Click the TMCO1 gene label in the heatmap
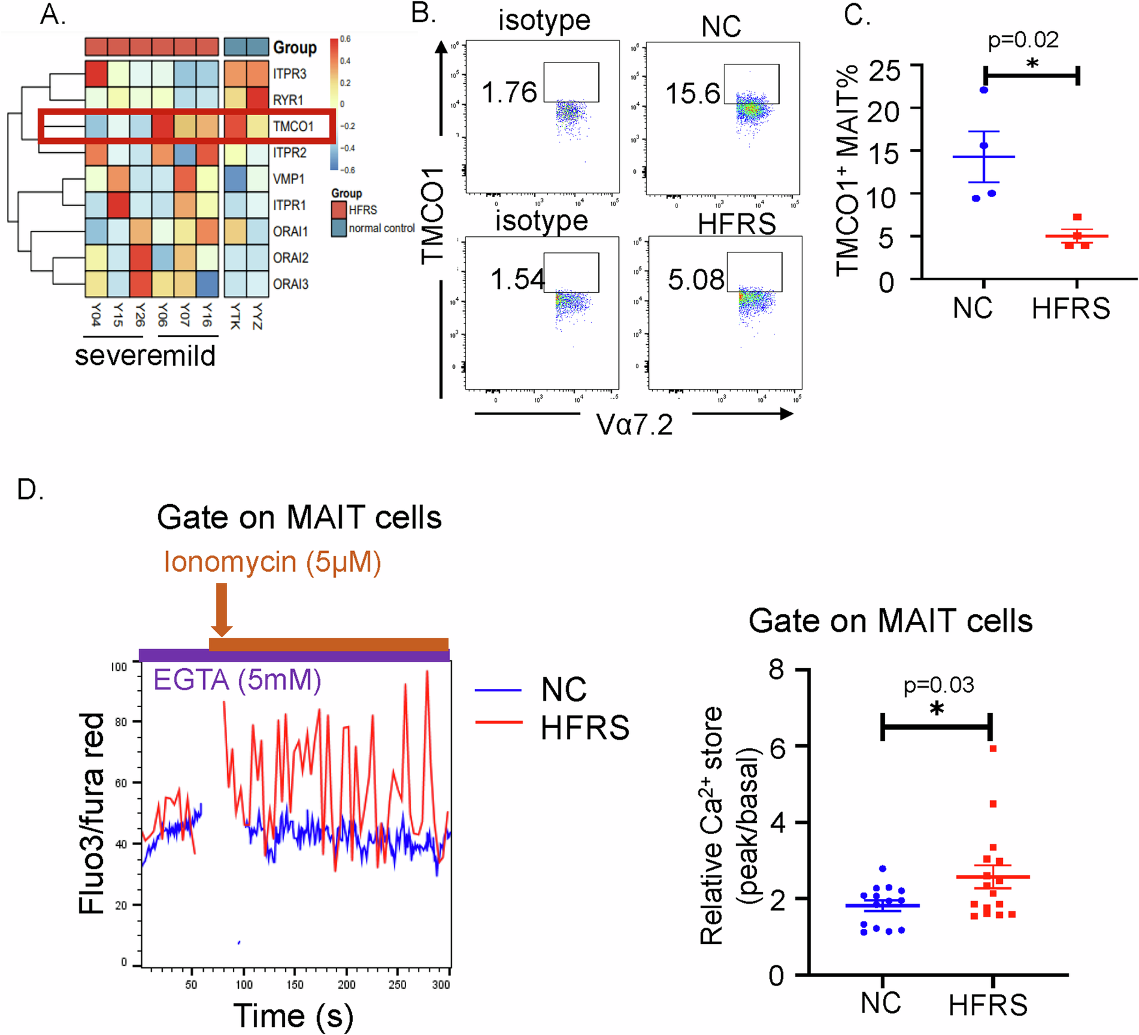coord(293,126)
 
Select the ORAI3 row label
coord(290,284)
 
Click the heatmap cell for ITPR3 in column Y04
coord(96,74)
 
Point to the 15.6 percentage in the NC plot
coord(692,94)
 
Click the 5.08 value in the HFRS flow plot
coord(695,280)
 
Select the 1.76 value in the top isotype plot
coord(509,92)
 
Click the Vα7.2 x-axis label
coord(634,425)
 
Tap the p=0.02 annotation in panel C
coord(1022,40)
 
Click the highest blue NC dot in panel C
coord(983,90)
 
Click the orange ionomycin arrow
coord(221,609)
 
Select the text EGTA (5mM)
coord(237,680)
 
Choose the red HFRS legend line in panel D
coord(499,722)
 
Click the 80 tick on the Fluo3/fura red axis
coord(120,722)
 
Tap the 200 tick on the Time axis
coord(346,984)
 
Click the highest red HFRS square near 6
coord(993,749)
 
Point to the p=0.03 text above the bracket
coord(938,685)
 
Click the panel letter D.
coord(29,490)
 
